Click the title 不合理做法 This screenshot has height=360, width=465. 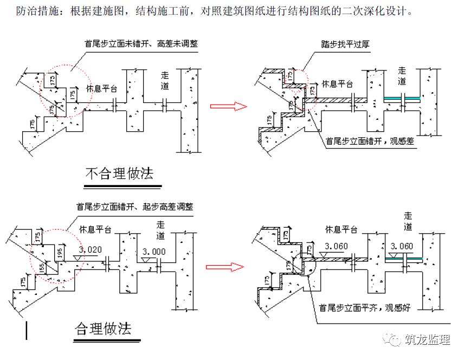click(119, 173)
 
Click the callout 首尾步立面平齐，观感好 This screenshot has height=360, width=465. click(366, 307)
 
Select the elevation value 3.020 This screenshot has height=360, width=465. click(89, 250)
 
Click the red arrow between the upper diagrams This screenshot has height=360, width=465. click(228, 106)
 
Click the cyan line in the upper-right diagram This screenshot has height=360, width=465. click(402, 99)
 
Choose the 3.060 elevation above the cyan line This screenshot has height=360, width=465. click(401, 246)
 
